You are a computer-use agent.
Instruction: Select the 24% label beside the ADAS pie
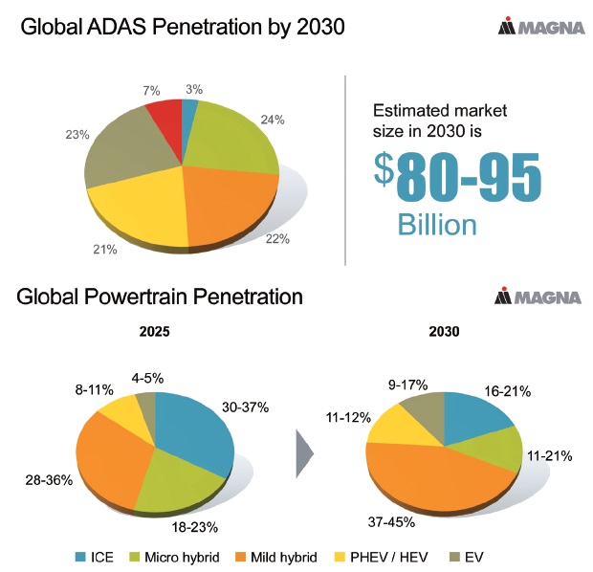coord(273,120)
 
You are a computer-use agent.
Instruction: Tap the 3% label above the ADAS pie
coord(194,89)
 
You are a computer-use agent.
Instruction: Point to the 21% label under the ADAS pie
coord(105,250)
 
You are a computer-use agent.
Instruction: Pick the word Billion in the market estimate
coord(437,225)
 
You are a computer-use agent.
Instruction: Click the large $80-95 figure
coord(457,177)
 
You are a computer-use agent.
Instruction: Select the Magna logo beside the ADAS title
coord(541,26)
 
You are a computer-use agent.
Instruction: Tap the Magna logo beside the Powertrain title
coord(538,297)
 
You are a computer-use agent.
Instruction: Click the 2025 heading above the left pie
coord(154,331)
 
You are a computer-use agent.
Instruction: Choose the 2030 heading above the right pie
coord(444,331)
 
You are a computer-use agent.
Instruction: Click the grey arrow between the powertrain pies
coord(305,453)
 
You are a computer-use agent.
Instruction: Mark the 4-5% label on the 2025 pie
coord(147,378)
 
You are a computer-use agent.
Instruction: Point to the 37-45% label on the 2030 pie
coord(391,522)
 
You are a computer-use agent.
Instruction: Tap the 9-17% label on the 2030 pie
coord(407,385)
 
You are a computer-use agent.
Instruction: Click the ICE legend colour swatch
coord(80,557)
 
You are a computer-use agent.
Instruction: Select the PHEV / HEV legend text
coord(389,557)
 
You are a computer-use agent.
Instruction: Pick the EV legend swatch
coord(454,557)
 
